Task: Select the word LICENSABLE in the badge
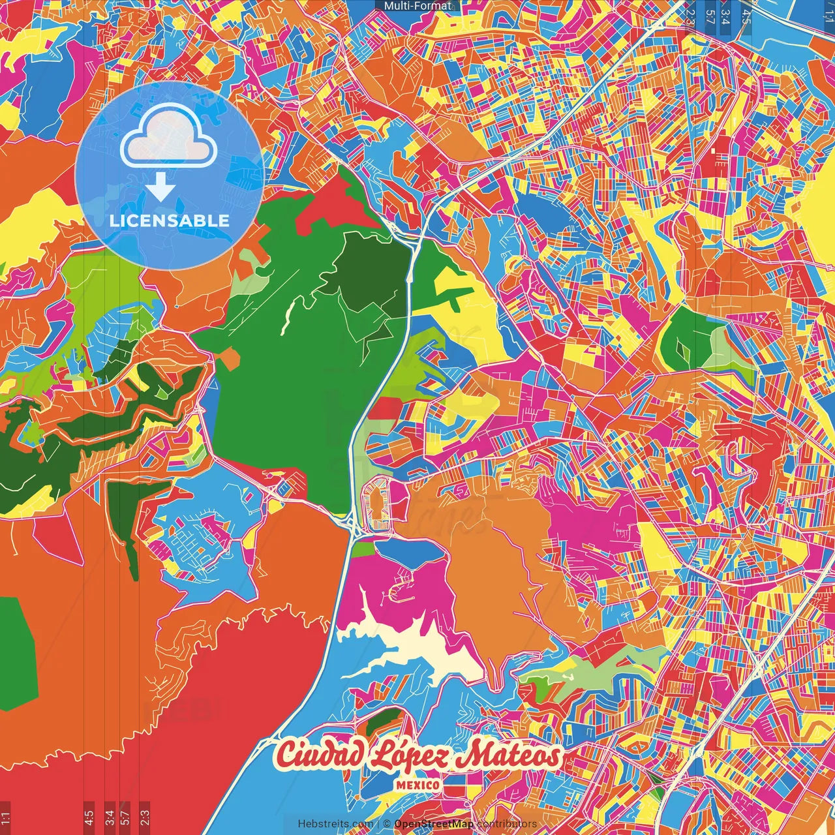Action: click(x=170, y=220)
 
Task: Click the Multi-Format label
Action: click(x=417, y=6)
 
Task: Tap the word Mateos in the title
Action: click(x=509, y=756)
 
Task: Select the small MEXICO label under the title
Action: click(x=417, y=785)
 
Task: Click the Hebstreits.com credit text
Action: click(x=335, y=824)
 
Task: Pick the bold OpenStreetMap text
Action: click(x=434, y=824)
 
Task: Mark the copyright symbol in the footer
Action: click(x=387, y=824)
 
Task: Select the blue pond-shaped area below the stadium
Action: click(x=411, y=554)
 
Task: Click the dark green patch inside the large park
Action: click(x=372, y=274)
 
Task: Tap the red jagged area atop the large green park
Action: click(x=333, y=202)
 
